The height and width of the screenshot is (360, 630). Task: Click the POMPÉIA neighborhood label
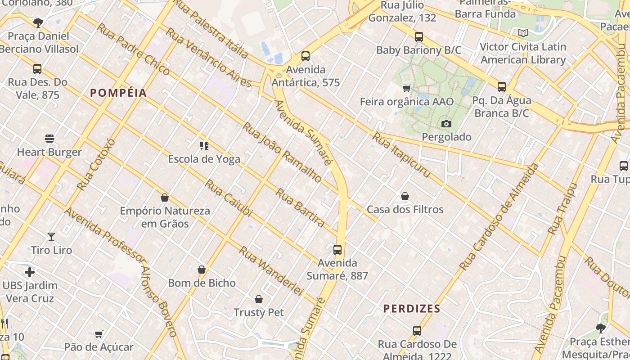[x=118, y=93]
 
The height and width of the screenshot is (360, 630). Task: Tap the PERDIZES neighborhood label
[x=412, y=309]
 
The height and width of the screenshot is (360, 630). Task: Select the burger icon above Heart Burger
[x=49, y=138]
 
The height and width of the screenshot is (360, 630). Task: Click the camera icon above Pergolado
[x=446, y=124]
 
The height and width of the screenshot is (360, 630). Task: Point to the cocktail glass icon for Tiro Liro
[x=51, y=236]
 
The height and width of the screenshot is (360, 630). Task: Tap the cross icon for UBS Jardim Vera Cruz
[x=30, y=272]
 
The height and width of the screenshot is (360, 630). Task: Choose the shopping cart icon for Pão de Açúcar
[x=99, y=334]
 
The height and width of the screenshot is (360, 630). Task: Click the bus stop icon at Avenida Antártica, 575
[x=306, y=56]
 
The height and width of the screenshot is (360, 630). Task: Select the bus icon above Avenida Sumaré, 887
[x=337, y=249]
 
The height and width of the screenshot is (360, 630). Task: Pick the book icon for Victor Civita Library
[x=523, y=33]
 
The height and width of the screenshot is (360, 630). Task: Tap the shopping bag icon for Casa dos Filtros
[x=405, y=196]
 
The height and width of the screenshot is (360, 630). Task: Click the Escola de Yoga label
[x=204, y=159]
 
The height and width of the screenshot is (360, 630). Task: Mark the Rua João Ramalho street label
[x=282, y=152]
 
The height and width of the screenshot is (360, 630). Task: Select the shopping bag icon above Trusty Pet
[x=259, y=299]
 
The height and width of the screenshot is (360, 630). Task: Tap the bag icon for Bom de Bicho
[x=202, y=270]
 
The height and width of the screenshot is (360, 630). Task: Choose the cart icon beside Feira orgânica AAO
[x=407, y=88]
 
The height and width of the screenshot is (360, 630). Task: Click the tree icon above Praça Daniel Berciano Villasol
[x=39, y=22]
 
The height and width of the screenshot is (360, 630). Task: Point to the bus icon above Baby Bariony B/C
[x=419, y=37]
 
